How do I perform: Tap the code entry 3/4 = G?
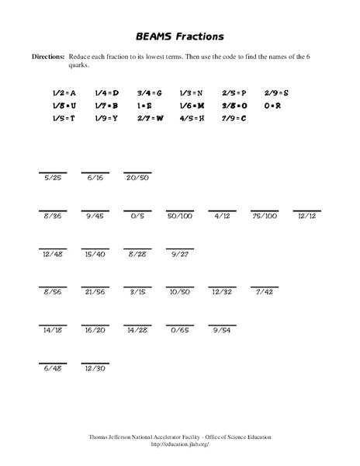click(x=149, y=92)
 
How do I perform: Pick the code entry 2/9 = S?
click(x=275, y=92)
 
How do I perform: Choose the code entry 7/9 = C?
click(x=234, y=118)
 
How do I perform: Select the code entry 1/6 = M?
click(x=192, y=105)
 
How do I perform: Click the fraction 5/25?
click(x=53, y=178)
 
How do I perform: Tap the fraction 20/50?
click(x=138, y=178)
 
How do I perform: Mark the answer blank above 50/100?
click(x=180, y=209)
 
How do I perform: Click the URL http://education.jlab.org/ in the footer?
click(x=180, y=444)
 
